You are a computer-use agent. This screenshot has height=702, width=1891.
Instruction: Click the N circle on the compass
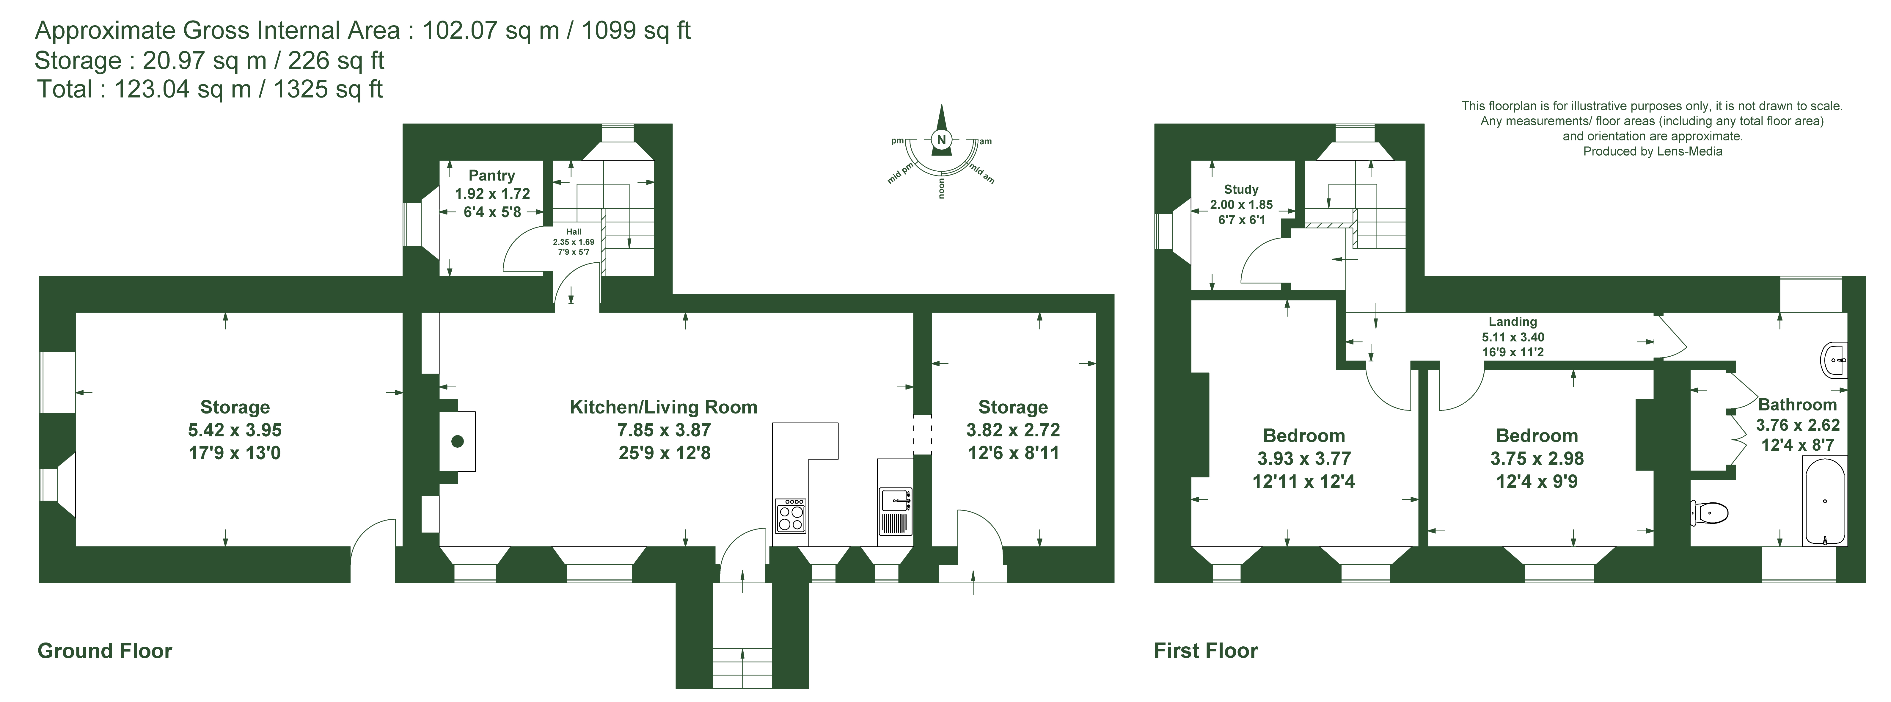[x=941, y=140]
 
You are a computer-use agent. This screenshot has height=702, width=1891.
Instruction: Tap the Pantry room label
[x=492, y=175]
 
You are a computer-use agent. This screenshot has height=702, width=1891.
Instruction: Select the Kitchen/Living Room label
[x=664, y=408]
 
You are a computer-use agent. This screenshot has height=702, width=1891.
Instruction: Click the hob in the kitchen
[x=791, y=515]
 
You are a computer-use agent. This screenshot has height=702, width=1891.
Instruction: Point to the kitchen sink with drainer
[x=895, y=511]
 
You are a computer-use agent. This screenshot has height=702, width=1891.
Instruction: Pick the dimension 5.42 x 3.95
[x=235, y=430]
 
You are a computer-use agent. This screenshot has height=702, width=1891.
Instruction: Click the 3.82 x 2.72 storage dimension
[x=1013, y=430]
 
